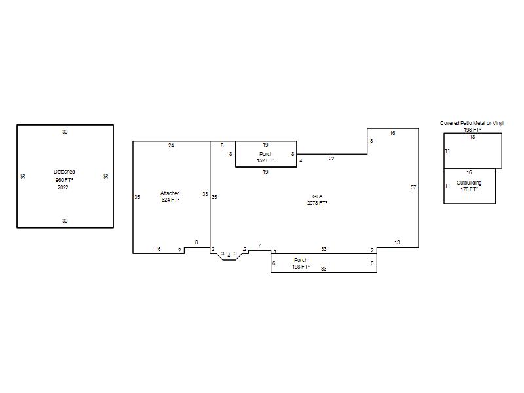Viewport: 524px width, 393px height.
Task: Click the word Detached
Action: pyautogui.click(x=64, y=172)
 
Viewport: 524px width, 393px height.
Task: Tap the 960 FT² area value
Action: pyautogui.click(x=64, y=180)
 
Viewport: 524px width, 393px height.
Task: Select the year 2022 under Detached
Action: pyautogui.click(x=63, y=187)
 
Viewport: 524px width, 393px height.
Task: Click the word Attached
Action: pyautogui.click(x=170, y=193)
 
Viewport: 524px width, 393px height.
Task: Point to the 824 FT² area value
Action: pyautogui.click(x=170, y=200)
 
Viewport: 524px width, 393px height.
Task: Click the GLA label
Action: pyautogui.click(x=317, y=196)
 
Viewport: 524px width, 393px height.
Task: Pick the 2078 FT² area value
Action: pyautogui.click(x=317, y=203)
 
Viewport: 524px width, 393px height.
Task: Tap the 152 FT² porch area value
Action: pyautogui.click(x=266, y=160)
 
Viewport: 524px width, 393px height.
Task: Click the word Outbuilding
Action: pyautogui.click(x=469, y=183)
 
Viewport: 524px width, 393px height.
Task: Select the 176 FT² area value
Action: pyautogui.click(x=469, y=189)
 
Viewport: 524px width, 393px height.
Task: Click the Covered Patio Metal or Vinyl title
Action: pyautogui.click(x=472, y=123)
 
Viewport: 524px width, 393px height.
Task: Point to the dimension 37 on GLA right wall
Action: pyautogui.click(x=413, y=187)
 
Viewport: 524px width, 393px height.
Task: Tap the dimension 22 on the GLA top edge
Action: pyautogui.click(x=331, y=159)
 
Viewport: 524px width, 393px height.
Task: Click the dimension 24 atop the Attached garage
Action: pyautogui.click(x=171, y=145)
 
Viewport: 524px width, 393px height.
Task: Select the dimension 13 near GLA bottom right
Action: pyautogui.click(x=397, y=242)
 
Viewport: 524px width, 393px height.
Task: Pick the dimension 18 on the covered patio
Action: pyautogui.click(x=472, y=137)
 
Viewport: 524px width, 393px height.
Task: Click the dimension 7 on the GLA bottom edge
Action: pyautogui.click(x=259, y=246)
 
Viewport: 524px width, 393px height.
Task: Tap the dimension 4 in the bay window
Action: pyautogui.click(x=229, y=255)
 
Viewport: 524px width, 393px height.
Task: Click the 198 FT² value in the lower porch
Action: pyautogui.click(x=301, y=267)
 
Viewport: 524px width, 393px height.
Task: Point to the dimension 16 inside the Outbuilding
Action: pyautogui.click(x=469, y=172)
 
